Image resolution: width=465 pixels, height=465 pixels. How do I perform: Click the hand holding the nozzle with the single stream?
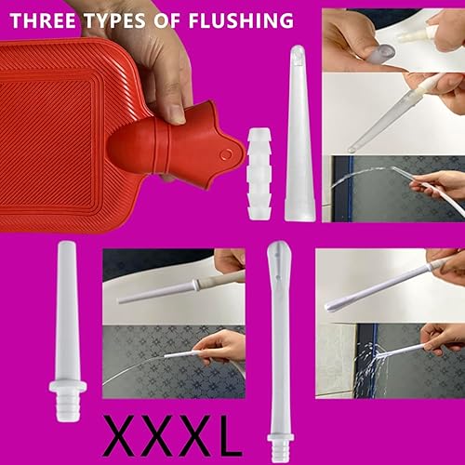(x=219, y=349)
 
